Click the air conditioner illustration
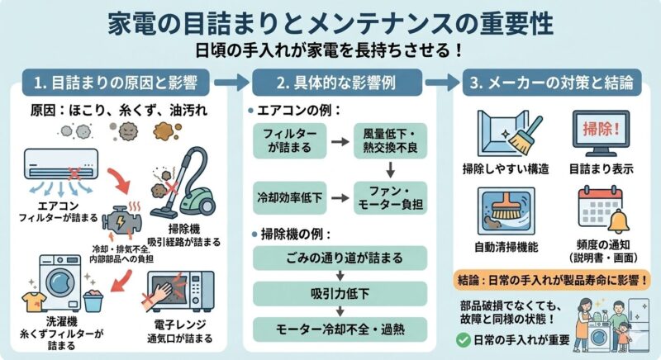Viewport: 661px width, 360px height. click(61, 165)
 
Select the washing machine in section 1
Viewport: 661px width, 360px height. click(59, 282)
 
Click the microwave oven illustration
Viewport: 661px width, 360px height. click(180, 291)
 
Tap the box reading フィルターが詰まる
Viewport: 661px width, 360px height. click(290, 140)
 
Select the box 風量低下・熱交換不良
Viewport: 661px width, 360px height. click(390, 140)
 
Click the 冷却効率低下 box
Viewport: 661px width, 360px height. click(290, 197)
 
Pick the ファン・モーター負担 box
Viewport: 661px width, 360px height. click(390, 197)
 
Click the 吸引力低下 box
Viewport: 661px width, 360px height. click(340, 293)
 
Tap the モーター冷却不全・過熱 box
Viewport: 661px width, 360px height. click(340, 329)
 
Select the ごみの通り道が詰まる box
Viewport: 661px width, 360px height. click(340, 258)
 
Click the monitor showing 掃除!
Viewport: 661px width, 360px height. click(602, 134)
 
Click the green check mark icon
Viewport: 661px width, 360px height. click(464, 340)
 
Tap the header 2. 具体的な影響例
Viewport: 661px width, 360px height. click(337, 83)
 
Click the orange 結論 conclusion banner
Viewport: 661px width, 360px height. click(552, 281)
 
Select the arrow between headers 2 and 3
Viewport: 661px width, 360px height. click(442, 82)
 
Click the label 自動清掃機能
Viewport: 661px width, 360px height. click(506, 247)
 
